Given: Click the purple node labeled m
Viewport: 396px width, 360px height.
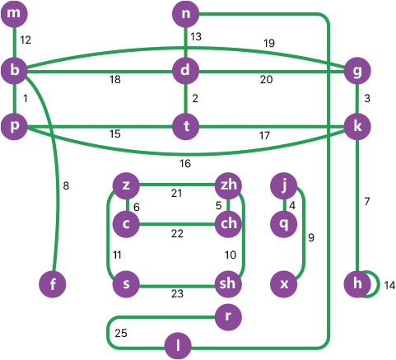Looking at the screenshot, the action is point(14,14).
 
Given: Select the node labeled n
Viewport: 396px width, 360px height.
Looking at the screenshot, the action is point(185,14).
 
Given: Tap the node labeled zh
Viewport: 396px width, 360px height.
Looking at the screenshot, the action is point(228,185).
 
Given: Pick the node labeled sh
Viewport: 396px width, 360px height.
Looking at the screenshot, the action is point(228,284).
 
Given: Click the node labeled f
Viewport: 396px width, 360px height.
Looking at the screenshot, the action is point(53,284).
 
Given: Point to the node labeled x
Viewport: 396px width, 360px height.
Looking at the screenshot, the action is point(284,284).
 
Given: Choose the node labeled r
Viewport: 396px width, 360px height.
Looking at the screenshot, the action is point(228,317).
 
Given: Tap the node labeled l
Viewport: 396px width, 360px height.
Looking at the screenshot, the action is point(178,346).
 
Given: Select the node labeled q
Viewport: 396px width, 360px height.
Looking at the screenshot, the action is point(284,224).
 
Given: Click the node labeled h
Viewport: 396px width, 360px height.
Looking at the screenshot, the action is point(357,284).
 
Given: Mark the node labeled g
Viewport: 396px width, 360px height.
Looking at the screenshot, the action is point(357,71).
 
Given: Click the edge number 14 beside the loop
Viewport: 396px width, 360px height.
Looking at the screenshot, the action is point(389,286).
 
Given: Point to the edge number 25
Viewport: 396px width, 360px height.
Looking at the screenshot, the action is point(121,333).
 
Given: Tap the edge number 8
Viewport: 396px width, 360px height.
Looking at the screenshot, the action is point(66,186).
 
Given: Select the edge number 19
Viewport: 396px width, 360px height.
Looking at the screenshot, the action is point(269,43).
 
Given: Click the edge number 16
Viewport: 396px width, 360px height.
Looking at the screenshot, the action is point(185,164).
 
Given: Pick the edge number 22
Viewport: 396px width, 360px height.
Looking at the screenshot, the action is point(177,234).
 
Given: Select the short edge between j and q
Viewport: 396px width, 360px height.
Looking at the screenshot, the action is point(284,205).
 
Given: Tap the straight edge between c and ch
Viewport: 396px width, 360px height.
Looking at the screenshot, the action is point(177,224).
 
